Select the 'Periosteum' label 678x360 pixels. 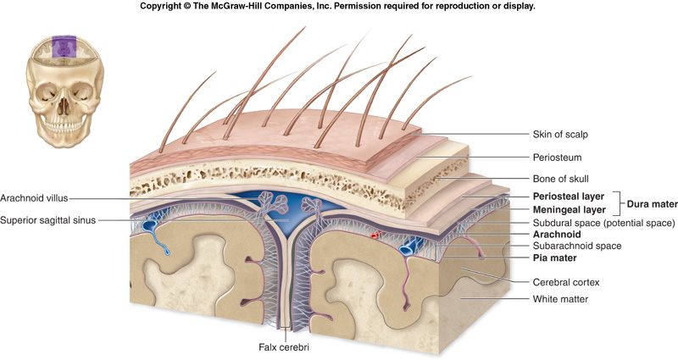coord(557,157)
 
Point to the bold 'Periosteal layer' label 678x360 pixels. coord(562,196)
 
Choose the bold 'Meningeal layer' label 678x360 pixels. coord(562,209)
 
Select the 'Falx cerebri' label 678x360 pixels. coord(285,346)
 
